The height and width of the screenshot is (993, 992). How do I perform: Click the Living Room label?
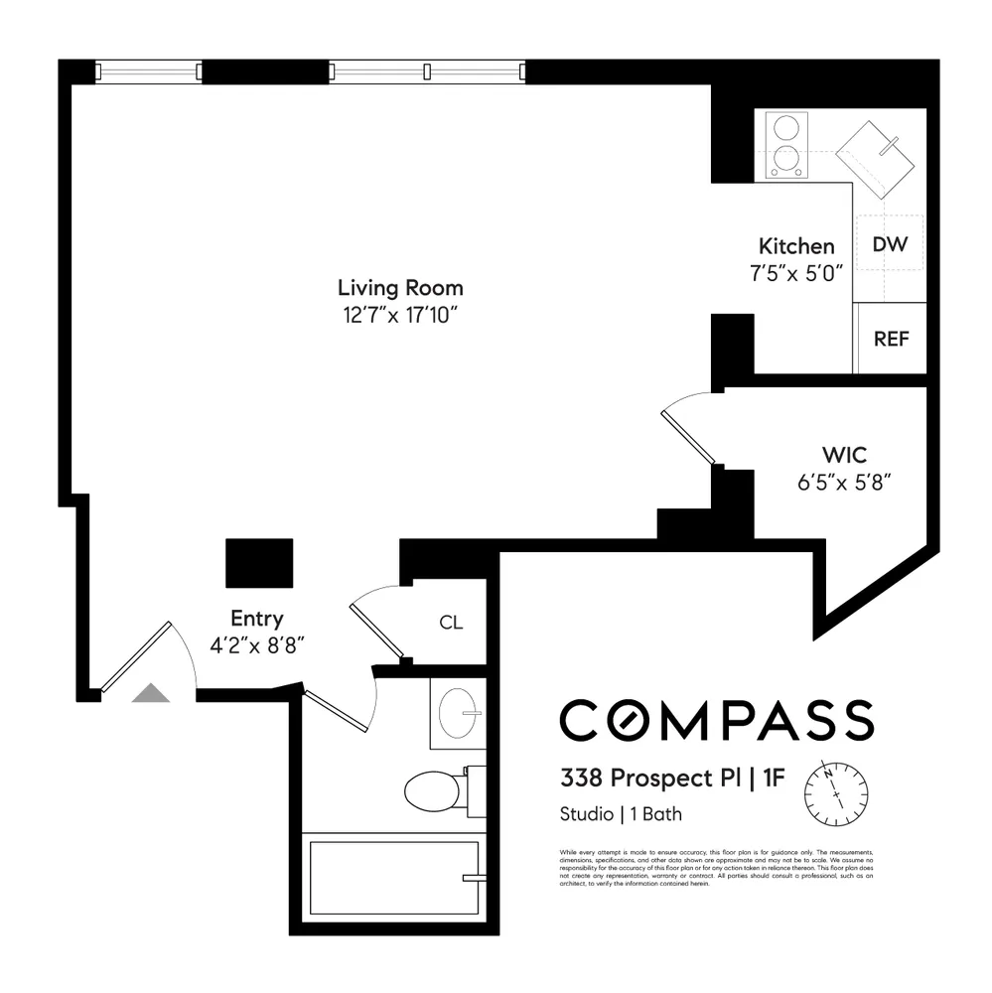tap(400, 289)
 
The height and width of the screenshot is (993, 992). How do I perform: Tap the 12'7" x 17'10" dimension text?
tap(400, 316)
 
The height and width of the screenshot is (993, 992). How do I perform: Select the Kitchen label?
tap(796, 247)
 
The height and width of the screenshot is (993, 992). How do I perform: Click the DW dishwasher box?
tap(890, 244)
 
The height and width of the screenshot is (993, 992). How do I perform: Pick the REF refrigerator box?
tap(891, 339)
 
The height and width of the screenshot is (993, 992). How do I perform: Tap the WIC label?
tap(844, 456)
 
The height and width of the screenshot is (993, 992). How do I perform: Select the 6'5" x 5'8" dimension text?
tap(844, 483)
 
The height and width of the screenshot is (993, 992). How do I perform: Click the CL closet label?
tap(451, 624)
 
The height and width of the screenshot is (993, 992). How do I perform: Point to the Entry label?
tap(256, 619)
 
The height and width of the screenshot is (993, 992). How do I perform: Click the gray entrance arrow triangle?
tap(151, 693)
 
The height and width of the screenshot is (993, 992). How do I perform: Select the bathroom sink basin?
tap(458, 714)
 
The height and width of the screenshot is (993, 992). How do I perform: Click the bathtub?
tap(394, 878)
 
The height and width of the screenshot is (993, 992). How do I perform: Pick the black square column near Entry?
tap(259, 563)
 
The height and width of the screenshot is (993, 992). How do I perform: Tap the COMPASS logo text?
tap(716, 720)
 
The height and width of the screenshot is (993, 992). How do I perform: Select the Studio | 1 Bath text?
tap(621, 815)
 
